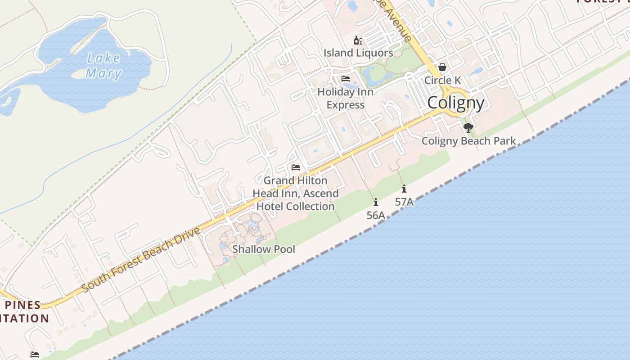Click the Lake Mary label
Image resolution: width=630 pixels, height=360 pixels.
(x=103, y=66)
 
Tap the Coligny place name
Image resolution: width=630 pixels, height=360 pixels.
(x=455, y=103)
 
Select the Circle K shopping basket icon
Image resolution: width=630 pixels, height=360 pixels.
(x=442, y=67)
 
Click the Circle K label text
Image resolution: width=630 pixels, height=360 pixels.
(x=443, y=81)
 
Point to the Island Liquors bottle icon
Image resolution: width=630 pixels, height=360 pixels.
(x=358, y=40)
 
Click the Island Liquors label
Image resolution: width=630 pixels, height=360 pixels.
(x=358, y=53)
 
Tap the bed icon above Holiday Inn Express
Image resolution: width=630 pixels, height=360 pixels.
(x=346, y=79)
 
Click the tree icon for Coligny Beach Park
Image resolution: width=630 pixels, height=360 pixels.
(x=468, y=128)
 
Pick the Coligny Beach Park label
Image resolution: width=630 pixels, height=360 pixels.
(x=468, y=141)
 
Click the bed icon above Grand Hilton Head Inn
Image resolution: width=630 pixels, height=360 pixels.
(x=296, y=167)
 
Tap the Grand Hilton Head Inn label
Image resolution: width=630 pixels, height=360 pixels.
(x=296, y=193)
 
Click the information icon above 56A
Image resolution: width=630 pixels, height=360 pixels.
(x=376, y=202)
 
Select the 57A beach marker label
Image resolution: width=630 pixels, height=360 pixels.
(x=404, y=202)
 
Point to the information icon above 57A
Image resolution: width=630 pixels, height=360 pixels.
(x=404, y=189)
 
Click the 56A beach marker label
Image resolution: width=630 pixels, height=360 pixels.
(x=376, y=216)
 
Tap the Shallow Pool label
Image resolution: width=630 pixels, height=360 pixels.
(x=264, y=249)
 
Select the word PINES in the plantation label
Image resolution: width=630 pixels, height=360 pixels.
(x=22, y=305)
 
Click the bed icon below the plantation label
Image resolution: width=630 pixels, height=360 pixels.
(x=35, y=355)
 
